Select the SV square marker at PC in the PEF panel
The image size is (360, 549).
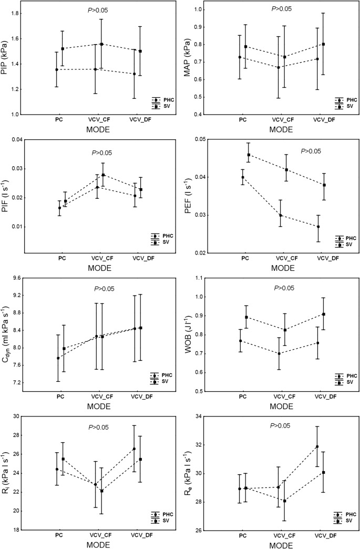pos(249,155)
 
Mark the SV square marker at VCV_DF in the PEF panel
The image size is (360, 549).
pos(324,185)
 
